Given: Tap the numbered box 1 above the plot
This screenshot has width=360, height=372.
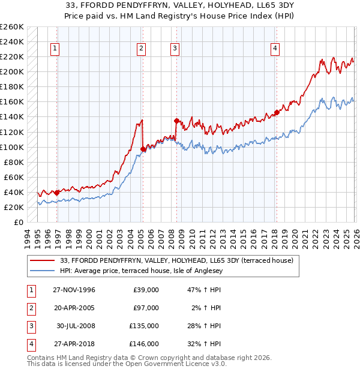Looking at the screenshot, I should (55, 49).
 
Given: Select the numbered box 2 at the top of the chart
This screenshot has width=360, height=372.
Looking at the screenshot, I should (141, 49).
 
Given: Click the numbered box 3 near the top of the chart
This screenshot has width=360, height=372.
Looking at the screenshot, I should (175, 49).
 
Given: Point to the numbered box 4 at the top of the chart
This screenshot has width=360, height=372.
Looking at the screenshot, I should (275, 49).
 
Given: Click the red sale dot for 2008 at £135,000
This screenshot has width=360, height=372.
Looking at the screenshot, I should (176, 121).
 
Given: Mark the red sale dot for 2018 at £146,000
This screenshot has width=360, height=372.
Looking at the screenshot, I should (277, 112).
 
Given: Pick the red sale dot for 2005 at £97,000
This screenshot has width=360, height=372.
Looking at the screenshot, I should (143, 149).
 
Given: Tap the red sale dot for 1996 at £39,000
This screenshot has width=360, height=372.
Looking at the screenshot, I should (56, 193).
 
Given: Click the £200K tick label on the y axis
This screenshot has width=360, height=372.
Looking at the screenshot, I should (12, 71).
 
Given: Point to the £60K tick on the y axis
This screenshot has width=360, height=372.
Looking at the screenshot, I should (14, 177).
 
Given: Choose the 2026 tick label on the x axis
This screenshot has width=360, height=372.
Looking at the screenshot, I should (355, 237).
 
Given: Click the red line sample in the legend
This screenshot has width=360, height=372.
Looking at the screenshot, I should (43, 260).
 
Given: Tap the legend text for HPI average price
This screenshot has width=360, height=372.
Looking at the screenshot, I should (141, 271).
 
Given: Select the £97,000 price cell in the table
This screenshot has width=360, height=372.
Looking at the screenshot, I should (146, 308).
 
